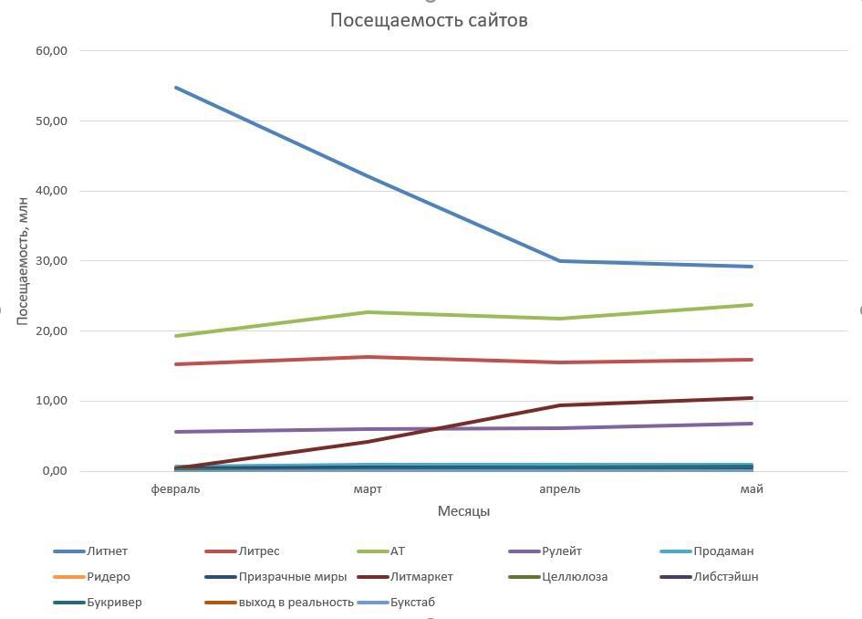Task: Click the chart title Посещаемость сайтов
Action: [x=429, y=20]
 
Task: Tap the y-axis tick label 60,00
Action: [x=53, y=51]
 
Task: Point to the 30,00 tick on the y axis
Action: [x=53, y=261]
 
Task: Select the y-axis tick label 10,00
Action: [x=53, y=401]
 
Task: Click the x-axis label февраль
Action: [x=176, y=489]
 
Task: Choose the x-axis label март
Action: [x=368, y=489]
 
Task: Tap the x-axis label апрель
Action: [x=559, y=489]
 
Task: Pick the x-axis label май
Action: [x=752, y=489]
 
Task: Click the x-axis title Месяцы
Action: [x=463, y=511]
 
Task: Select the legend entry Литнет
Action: [x=107, y=551]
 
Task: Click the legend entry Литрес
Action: [x=258, y=551]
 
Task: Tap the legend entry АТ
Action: [x=397, y=551]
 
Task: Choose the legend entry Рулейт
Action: [x=562, y=551]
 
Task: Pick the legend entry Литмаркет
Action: [x=421, y=577]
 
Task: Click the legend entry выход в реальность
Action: [x=296, y=603]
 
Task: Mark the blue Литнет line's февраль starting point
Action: [x=176, y=88]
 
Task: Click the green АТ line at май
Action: [x=752, y=305]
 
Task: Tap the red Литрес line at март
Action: [x=368, y=357]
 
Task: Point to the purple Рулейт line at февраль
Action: [x=176, y=432]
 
